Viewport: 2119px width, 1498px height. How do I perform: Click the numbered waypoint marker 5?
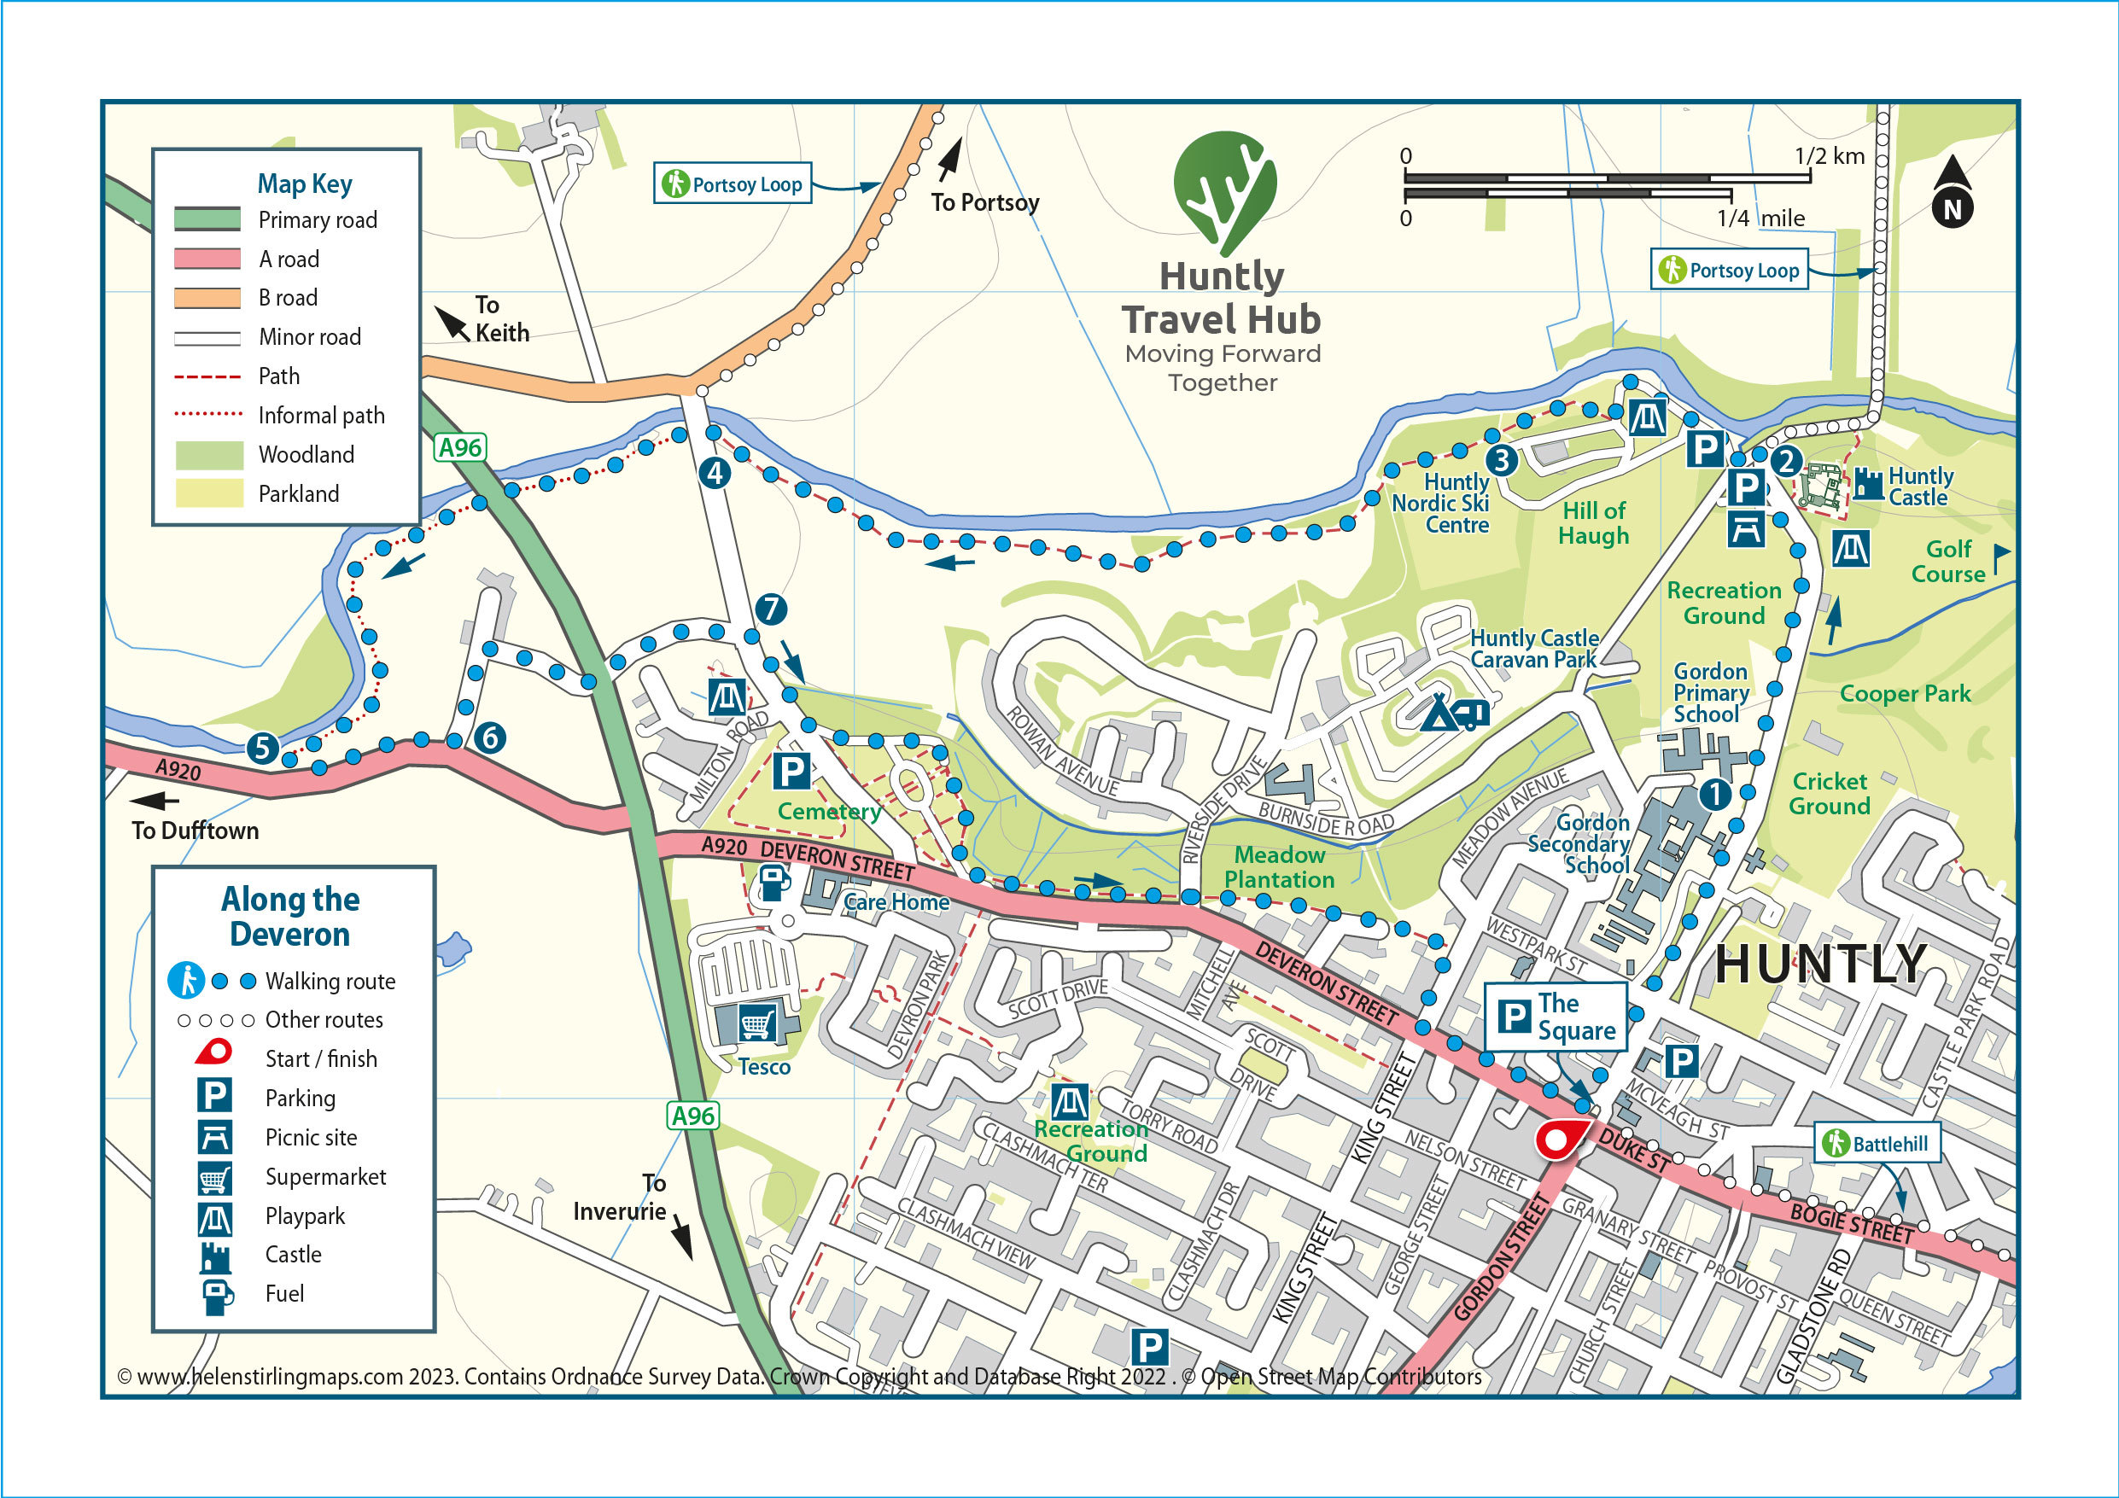coord(262,747)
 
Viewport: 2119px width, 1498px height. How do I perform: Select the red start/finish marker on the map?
coord(1558,1140)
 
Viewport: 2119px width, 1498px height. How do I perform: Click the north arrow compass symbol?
coord(1952,193)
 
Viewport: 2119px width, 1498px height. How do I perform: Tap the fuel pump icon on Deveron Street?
coord(773,883)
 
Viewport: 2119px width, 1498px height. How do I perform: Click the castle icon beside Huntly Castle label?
coord(1868,483)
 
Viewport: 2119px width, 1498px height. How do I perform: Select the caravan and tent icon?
coord(1456,713)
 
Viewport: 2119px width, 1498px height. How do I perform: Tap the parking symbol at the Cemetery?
coord(791,771)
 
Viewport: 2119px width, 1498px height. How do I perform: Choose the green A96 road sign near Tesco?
coord(692,1115)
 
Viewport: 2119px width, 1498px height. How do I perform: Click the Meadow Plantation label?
coord(1279,866)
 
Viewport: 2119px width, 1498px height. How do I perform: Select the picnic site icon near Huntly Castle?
coord(1745,530)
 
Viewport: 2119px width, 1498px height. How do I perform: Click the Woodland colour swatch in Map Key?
coord(208,454)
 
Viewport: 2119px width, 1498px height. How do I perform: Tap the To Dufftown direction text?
coord(195,830)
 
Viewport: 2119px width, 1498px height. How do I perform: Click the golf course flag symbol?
coord(2000,557)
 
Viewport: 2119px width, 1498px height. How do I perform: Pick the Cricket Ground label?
coord(1830,793)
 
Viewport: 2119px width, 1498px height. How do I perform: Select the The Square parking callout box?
coord(1554,1017)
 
